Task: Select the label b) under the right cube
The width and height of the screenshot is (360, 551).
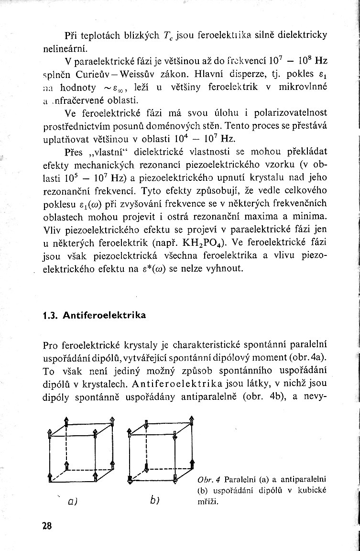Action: (x=154, y=500)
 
